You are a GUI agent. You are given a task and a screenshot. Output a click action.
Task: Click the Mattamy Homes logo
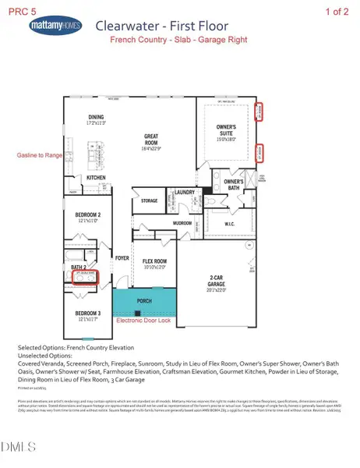pyautogui.click(x=54, y=27)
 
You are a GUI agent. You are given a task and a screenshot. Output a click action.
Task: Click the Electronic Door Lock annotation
pyautogui.click(x=148, y=321)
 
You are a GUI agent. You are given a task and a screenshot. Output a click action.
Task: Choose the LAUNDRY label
pyautogui.click(x=184, y=192)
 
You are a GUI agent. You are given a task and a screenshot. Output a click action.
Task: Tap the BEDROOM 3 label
pyautogui.click(x=89, y=314)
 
